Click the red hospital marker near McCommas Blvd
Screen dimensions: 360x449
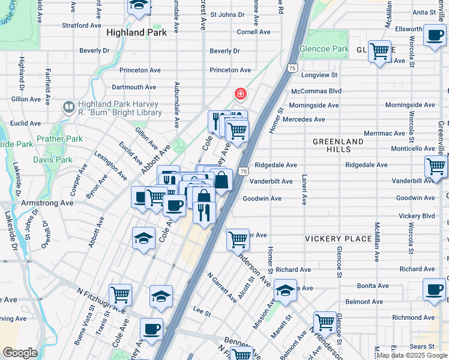pos(240,94)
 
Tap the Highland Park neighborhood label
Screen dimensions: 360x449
pos(136,33)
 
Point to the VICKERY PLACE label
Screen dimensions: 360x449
pos(338,239)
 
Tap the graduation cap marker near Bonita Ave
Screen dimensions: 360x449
pos(285,290)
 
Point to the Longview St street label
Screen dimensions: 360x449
pos(319,76)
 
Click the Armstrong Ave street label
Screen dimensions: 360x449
pos(47,203)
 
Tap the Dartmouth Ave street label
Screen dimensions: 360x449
pos(134,87)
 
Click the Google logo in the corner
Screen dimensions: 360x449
pos(19,353)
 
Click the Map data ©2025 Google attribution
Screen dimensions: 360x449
pos(412,355)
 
